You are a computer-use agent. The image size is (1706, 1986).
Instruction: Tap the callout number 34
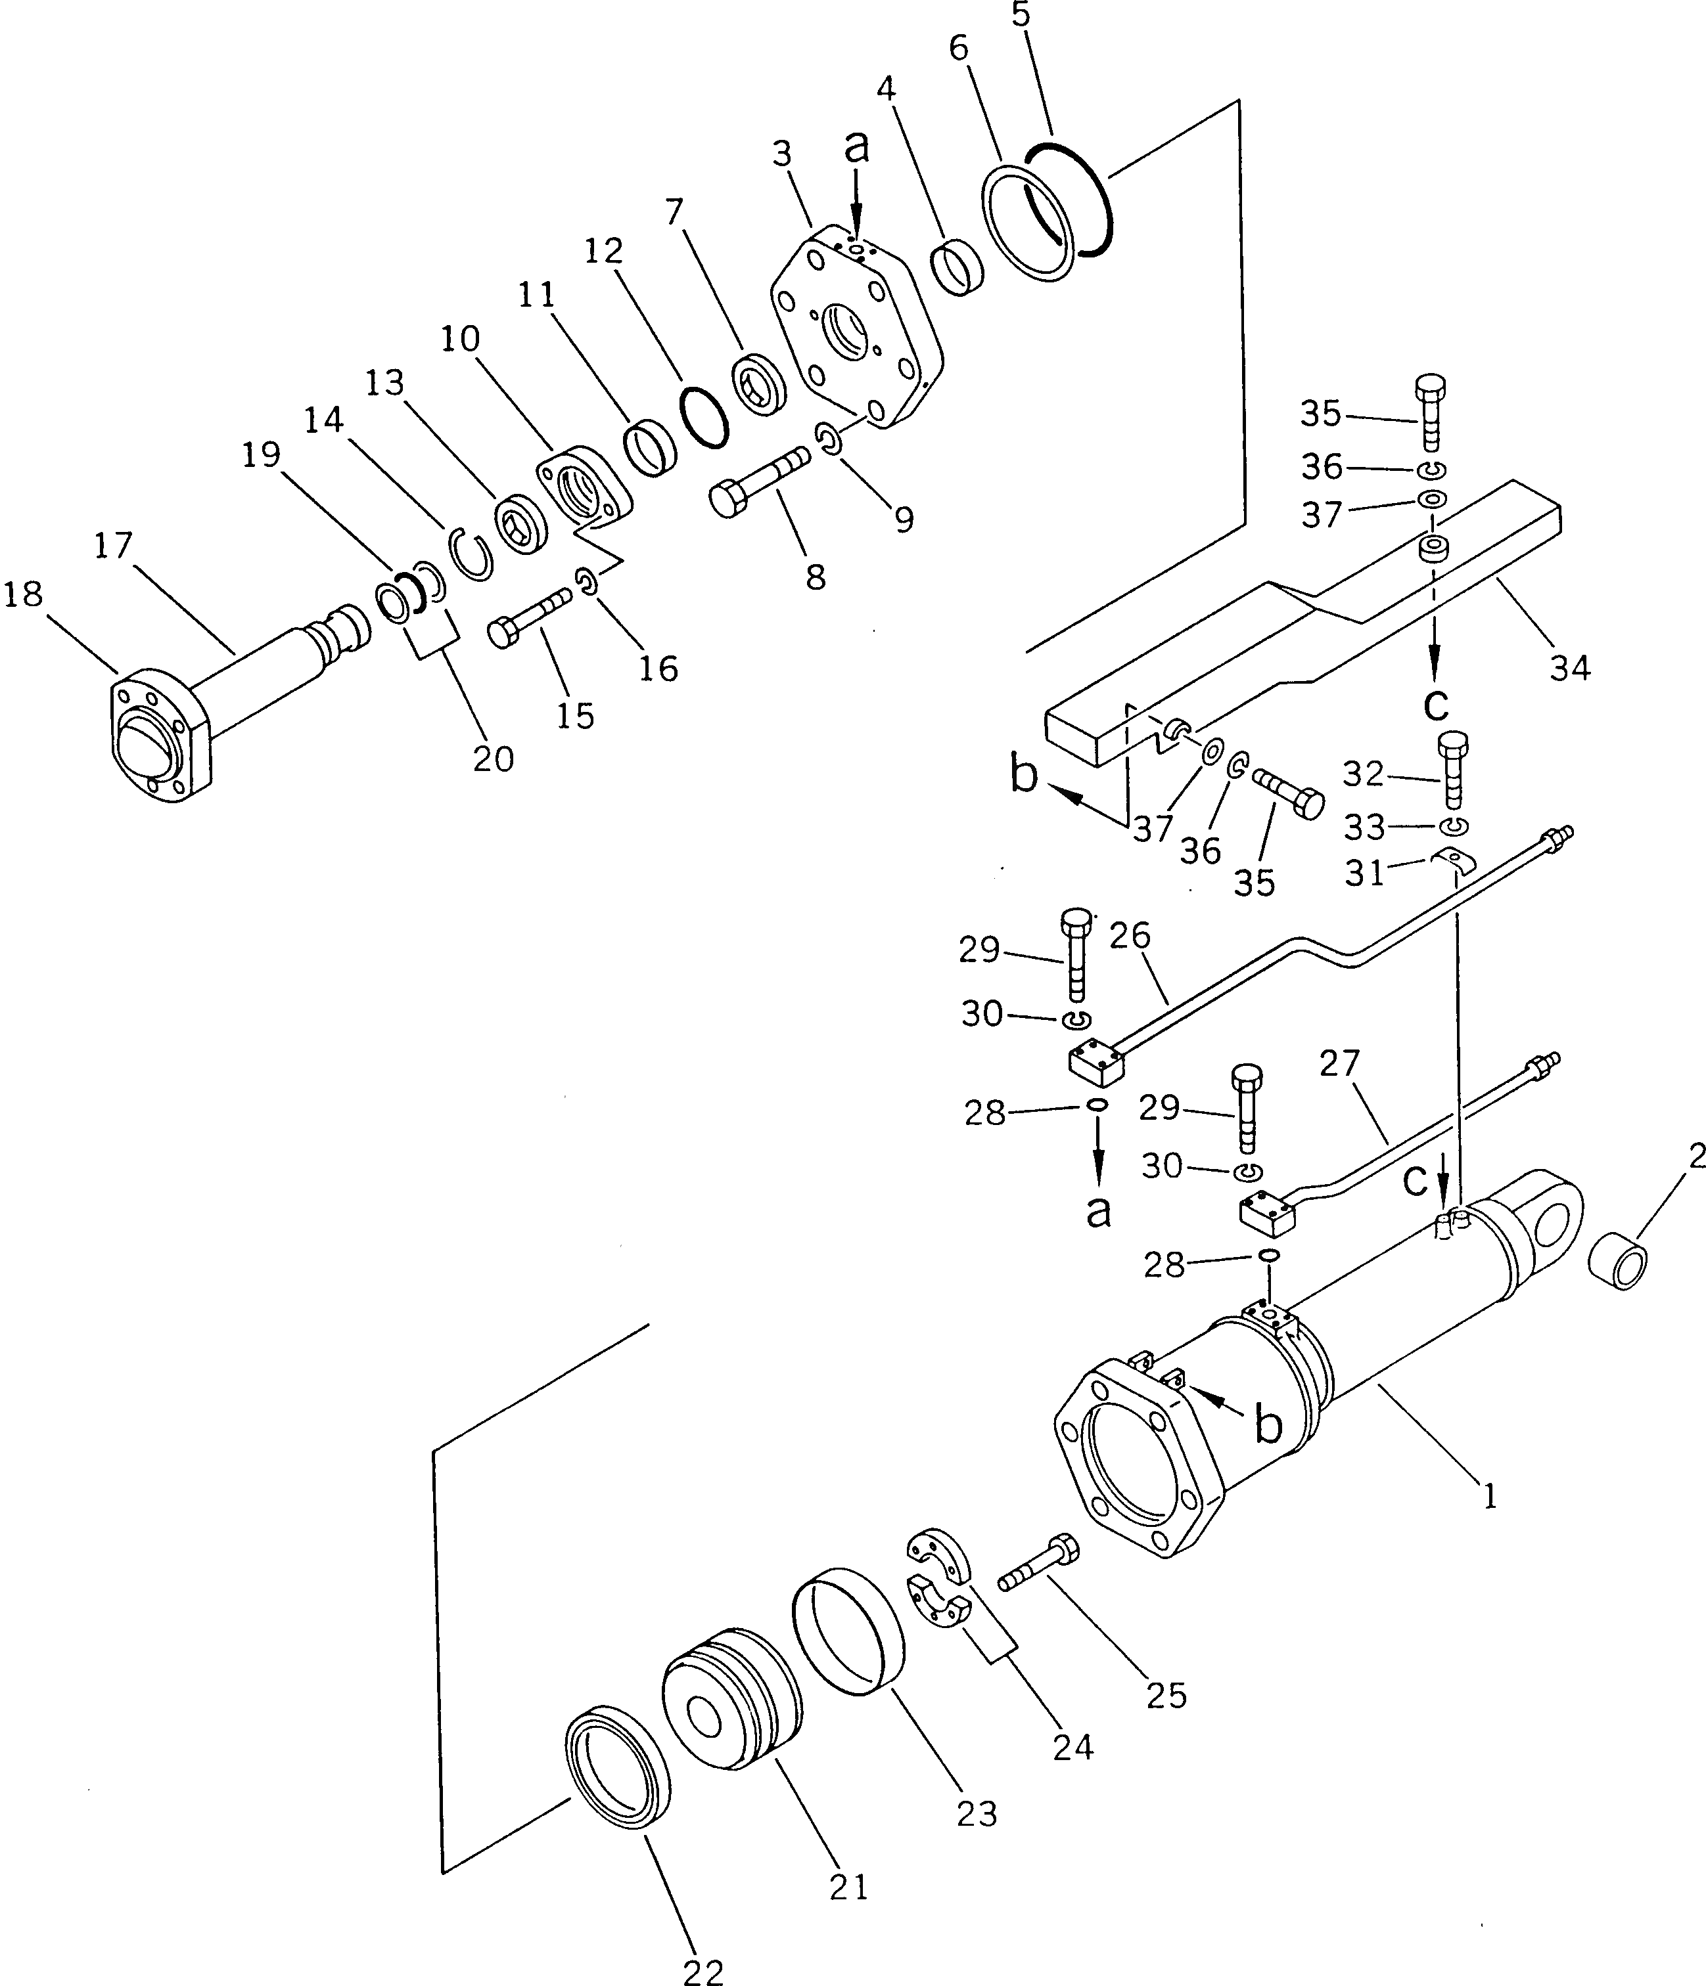pyautogui.click(x=1570, y=667)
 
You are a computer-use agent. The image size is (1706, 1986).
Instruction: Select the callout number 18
pyautogui.click(x=23, y=594)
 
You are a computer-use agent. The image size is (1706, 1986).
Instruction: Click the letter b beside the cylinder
pyautogui.click(x=1268, y=1452)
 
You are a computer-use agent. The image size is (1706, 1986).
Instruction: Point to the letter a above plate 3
pyautogui.click(x=856, y=146)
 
